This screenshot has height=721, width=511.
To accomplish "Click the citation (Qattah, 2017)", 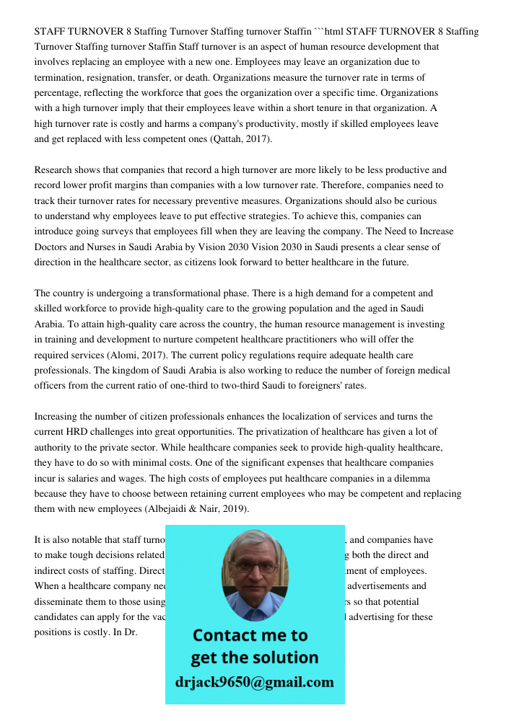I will click(241, 139).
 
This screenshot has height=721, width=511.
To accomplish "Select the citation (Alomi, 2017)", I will click(139, 355).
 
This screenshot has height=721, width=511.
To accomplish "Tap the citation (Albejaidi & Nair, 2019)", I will click(197, 509).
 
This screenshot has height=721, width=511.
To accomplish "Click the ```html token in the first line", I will click(329, 31).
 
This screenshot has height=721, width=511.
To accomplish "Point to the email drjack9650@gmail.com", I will click(254, 681).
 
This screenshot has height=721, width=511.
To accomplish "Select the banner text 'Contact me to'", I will click(250, 635).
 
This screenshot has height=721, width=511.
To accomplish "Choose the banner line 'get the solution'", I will click(254, 658).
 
